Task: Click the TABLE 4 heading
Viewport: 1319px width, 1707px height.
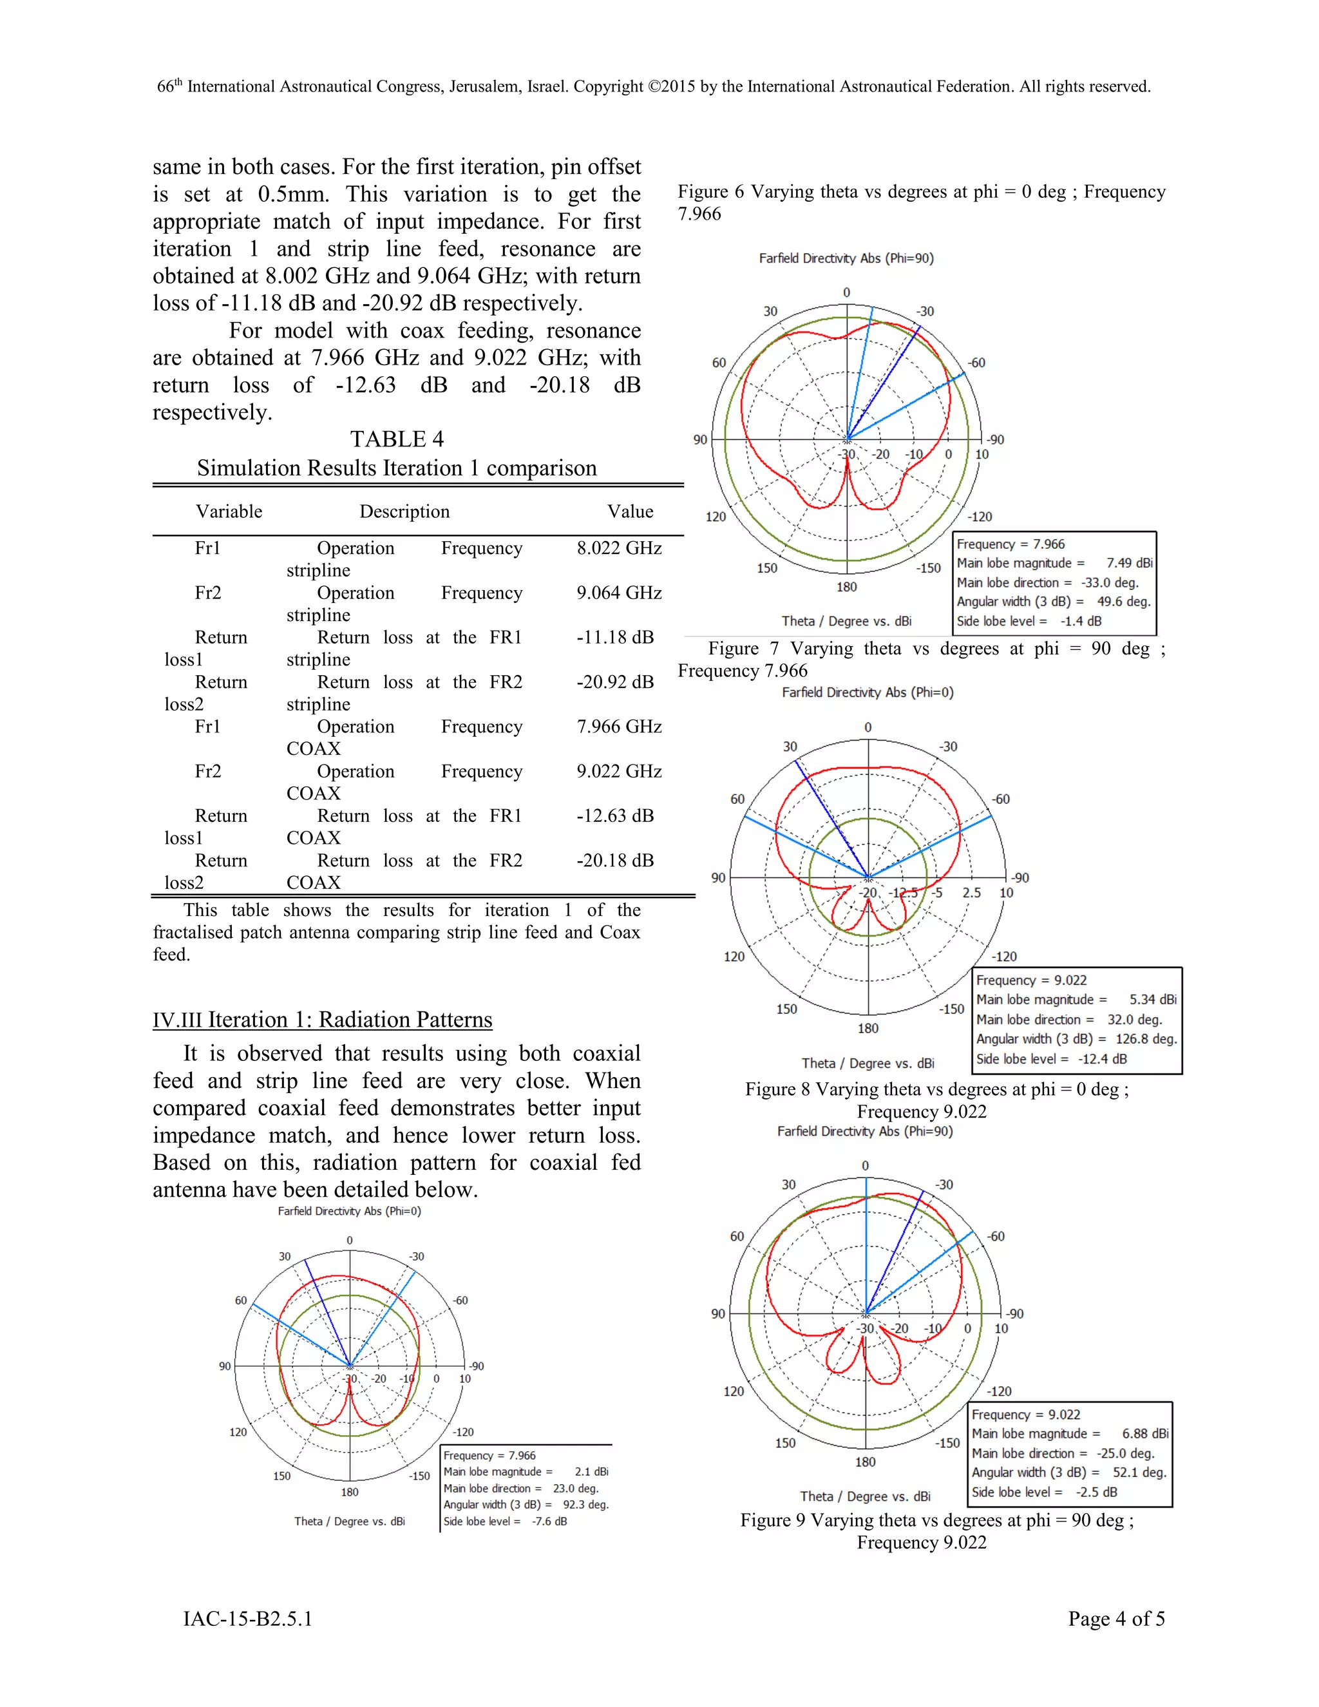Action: tap(396, 439)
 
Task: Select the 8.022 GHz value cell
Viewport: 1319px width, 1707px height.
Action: tap(619, 548)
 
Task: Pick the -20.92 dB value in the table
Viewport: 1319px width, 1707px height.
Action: tap(615, 682)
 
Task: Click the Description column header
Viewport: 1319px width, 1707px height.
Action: tap(404, 511)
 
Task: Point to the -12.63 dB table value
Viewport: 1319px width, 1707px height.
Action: tap(615, 815)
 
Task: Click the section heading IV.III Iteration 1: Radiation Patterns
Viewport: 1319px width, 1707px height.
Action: tap(322, 1019)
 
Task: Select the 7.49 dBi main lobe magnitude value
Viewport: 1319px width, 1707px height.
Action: tap(1129, 563)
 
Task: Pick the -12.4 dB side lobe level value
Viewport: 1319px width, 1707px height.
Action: tap(1102, 1059)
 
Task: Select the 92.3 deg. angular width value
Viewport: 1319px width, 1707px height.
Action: tap(585, 1505)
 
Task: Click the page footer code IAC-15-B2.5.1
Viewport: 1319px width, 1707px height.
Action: tap(248, 1619)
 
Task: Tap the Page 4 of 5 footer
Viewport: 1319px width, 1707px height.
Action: tap(1116, 1619)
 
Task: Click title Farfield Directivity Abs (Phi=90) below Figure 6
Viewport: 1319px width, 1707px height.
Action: tap(846, 258)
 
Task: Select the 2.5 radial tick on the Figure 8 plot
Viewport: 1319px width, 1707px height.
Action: tap(971, 893)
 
